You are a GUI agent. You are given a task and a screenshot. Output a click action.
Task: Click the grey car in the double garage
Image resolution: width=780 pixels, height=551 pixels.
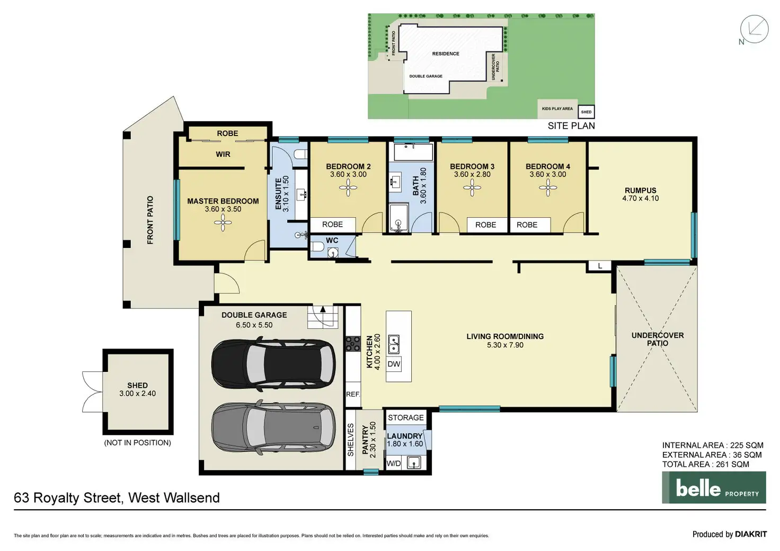click(274, 428)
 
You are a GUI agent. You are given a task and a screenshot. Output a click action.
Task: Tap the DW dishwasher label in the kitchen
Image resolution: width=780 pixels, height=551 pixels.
click(394, 364)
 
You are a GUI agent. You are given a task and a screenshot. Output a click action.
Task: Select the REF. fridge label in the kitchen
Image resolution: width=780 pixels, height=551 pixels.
click(353, 394)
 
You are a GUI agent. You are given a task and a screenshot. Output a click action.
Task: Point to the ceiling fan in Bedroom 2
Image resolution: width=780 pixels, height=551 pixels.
click(348, 188)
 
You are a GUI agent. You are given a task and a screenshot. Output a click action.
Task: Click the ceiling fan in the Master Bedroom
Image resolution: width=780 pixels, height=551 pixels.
click(223, 223)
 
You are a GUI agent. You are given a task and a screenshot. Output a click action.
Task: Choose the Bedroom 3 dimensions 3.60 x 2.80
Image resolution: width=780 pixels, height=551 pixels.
click(472, 174)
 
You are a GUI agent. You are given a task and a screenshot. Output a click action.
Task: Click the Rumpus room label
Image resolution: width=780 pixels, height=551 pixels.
click(640, 190)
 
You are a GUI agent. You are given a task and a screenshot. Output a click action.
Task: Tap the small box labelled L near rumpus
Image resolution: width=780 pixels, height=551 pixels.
click(600, 266)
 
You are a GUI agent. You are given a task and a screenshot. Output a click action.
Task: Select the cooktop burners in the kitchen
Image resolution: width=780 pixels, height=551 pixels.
click(353, 343)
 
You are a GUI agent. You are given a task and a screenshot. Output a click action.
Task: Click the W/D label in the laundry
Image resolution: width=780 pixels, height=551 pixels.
click(394, 464)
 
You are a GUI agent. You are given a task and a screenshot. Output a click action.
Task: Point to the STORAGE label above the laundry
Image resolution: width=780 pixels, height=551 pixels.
click(406, 417)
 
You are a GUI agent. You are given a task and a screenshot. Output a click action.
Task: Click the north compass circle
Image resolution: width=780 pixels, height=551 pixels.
click(754, 29)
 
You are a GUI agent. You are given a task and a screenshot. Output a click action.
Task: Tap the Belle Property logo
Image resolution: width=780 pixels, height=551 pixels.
click(714, 487)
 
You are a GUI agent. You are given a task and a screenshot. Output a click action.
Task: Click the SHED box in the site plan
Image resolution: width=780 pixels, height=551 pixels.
click(587, 112)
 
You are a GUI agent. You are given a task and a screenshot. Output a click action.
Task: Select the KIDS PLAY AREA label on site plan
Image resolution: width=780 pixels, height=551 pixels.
click(557, 109)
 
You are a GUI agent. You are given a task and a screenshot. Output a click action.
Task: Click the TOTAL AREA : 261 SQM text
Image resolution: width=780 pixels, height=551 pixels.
click(705, 464)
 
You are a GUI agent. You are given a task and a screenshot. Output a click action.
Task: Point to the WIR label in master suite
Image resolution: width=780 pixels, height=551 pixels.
click(223, 154)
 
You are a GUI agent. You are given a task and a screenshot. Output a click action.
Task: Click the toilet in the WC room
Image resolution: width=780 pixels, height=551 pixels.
click(318, 247)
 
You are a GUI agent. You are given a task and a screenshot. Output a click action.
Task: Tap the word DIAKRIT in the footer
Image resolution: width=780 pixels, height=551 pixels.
click(751, 534)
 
